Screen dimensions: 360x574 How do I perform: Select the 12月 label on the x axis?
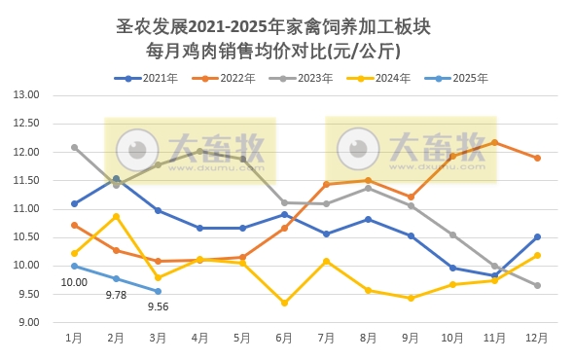(536, 338)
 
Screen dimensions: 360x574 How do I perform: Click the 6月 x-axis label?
(284, 338)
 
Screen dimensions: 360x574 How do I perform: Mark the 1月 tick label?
(74, 338)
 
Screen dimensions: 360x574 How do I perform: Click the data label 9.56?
(159, 307)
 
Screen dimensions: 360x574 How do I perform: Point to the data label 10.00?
(74, 282)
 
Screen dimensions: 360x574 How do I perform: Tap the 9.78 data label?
(117, 295)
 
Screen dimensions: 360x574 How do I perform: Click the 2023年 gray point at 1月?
(74, 148)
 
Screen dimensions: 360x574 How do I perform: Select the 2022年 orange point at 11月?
(494, 143)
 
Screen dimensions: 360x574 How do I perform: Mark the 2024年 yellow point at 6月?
(284, 303)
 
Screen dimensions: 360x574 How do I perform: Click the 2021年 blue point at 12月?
(536, 236)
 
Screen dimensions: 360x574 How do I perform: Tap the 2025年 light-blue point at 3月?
(159, 291)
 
